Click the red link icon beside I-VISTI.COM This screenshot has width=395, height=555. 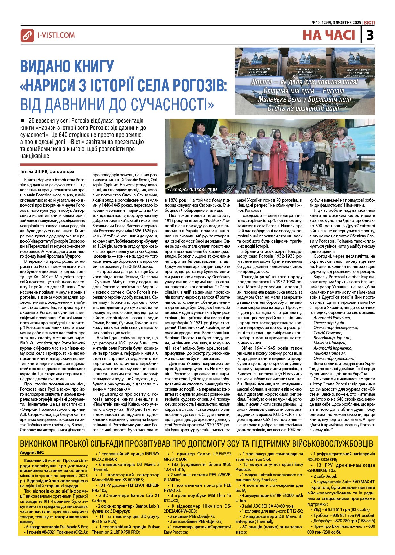27,36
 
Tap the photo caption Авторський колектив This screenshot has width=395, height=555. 193,189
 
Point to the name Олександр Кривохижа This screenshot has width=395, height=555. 335,358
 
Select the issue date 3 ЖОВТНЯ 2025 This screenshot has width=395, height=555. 348,23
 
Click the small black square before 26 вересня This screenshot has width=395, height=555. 22,121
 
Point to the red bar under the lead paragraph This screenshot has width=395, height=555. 89,165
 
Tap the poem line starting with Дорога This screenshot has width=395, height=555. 304,82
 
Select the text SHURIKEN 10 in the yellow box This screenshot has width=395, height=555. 322,470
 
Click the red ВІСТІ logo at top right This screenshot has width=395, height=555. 369,23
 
